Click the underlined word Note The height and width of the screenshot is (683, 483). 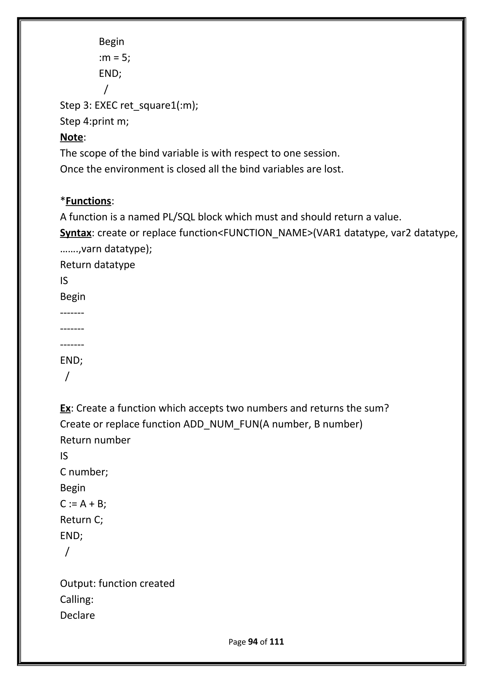point(71,137)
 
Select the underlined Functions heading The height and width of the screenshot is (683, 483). point(88,201)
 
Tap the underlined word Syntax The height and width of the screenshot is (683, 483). point(76,233)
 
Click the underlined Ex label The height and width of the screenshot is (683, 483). point(65,408)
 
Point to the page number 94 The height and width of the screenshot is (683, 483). point(253,642)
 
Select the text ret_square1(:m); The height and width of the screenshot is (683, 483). point(159,105)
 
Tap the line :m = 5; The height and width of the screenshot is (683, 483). point(115,58)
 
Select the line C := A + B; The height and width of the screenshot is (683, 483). point(83,504)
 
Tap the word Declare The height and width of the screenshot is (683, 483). point(77,615)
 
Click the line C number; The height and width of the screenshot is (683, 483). point(84,472)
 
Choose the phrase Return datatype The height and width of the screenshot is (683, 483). point(97,265)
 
